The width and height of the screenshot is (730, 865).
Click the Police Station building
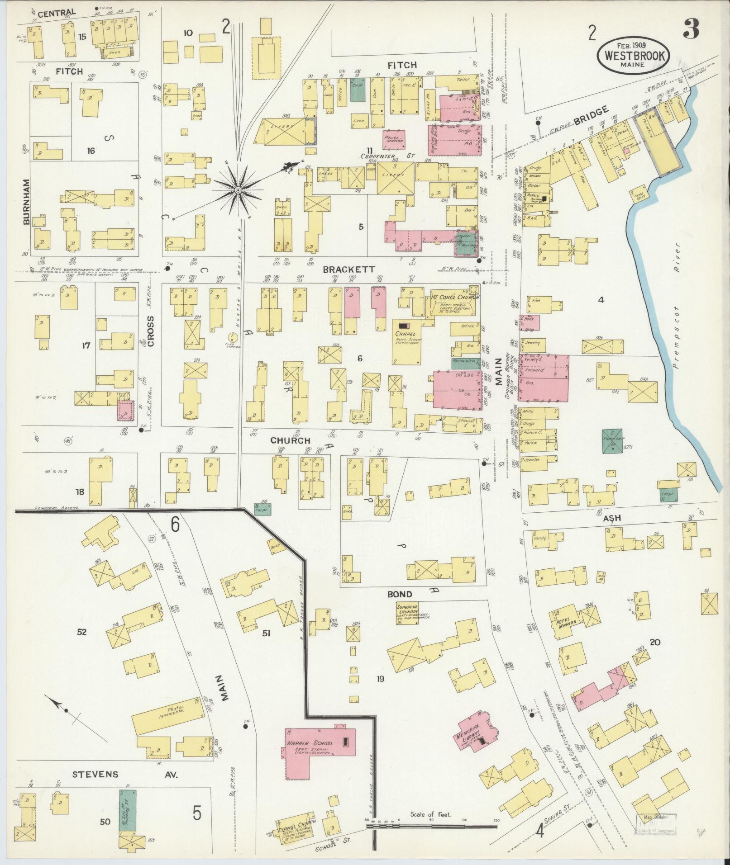point(393,138)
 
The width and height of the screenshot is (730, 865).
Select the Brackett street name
point(349,269)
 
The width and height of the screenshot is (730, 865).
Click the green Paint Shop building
point(611,441)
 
